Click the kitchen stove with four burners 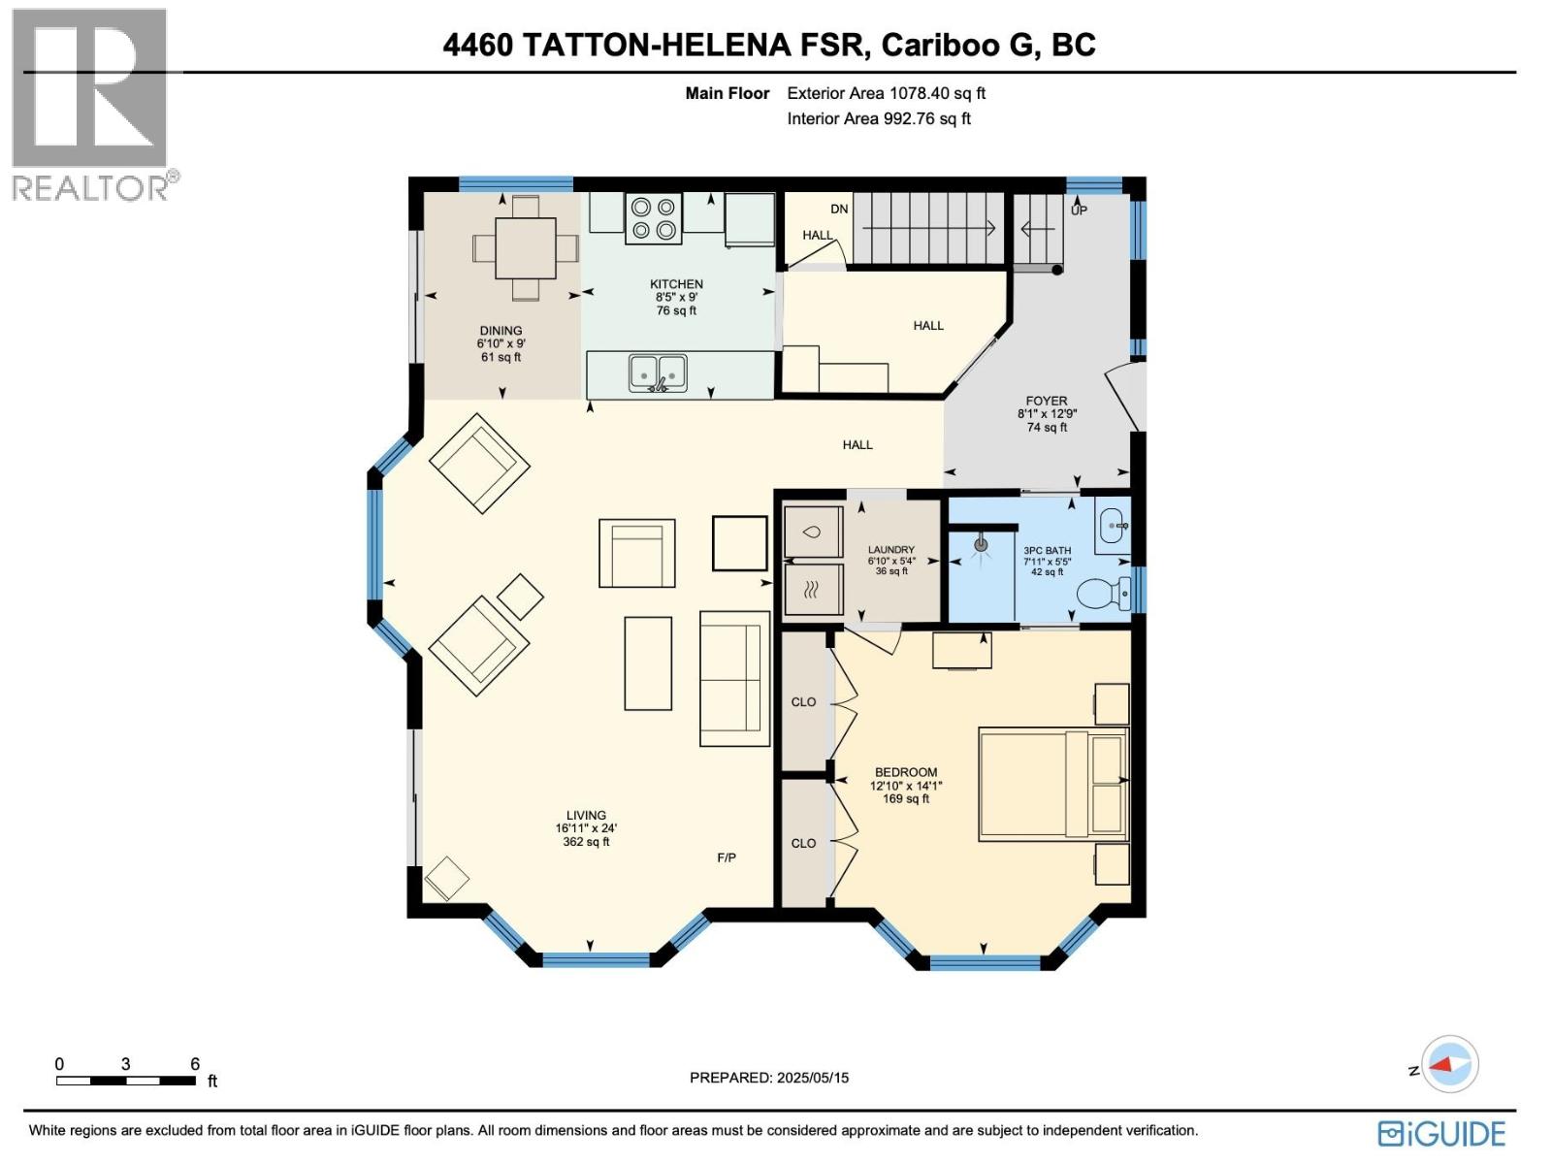tap(653, 218)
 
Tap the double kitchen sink tap(658, 373)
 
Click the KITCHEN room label tap(676, 284)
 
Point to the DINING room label tap(501, 331)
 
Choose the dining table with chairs tap(526, 248)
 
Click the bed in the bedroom tap(1053, 784)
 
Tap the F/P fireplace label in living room tap(727, 857)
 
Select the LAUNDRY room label tap(890, 550)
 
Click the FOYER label tap(1047, 401)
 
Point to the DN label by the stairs tap(839, 209)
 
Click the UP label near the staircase tap(1079, 210)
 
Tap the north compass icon tap(1448, 1065)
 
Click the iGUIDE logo tap(1442, 1133)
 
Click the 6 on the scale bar tap(195, 1064)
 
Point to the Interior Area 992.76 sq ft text tap(879, 118)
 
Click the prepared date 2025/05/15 tap(769, 1078)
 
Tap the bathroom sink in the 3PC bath tap(1112, 525)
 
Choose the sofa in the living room tap(734, 678)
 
